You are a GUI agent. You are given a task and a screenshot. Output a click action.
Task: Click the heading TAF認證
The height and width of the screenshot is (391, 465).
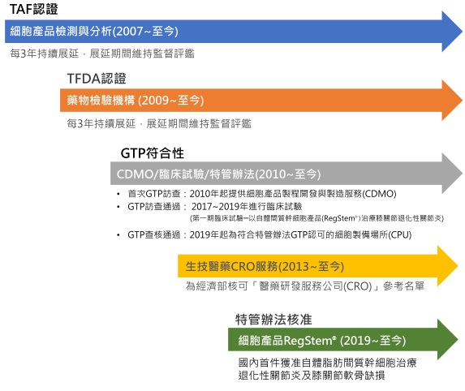pos(33,9)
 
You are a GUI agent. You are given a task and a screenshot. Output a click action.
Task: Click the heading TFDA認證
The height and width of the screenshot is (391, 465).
pos(97,79)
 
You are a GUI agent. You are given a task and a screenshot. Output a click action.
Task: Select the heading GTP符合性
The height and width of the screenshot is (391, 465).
pos(152,153)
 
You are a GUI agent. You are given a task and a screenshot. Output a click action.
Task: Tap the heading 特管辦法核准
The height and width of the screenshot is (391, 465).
pos(273,320)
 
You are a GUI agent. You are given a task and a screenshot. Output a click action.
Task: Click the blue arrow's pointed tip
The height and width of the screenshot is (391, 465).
pos(462,31)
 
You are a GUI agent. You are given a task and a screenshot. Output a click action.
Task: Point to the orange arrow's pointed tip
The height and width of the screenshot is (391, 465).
pos(462,101)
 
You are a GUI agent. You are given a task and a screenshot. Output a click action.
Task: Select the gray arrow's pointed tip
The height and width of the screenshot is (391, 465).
pos(462,174)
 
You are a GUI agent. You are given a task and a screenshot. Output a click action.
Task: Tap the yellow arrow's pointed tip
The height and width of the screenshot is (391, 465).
pos(458,265)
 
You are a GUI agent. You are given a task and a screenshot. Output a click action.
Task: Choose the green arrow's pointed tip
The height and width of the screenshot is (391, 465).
pos(458,340)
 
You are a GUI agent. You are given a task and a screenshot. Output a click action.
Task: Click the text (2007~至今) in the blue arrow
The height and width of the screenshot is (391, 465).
pos(145,31)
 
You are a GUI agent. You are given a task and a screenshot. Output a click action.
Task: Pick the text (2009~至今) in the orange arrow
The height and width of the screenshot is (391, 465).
pos(170,101)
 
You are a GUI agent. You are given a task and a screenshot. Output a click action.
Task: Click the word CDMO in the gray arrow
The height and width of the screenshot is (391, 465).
pos(135,174)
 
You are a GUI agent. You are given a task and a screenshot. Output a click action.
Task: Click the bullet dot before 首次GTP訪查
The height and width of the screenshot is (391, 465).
pos(118,194)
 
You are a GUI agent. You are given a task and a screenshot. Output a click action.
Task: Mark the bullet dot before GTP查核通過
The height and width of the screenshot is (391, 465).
pos(118,235)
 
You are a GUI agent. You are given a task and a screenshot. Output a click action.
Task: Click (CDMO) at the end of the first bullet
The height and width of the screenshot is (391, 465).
pos(379,194)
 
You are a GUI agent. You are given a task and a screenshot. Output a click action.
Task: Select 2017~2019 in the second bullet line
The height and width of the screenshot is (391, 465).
pos(215,206)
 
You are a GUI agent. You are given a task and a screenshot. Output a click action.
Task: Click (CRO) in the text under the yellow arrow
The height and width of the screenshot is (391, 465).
pos(358,286)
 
